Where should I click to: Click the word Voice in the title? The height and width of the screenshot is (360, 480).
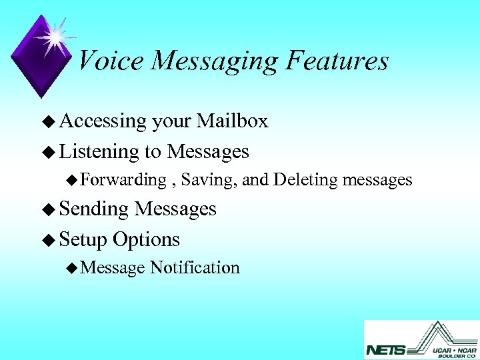[111, 61]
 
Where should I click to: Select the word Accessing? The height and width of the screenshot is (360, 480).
[103, 121]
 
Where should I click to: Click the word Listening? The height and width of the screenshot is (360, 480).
[99, 152]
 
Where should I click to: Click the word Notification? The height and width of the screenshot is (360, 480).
[195, 268]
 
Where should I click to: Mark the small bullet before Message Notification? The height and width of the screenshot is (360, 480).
[72, 269]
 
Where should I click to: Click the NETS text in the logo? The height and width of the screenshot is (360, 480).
[385, 349]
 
